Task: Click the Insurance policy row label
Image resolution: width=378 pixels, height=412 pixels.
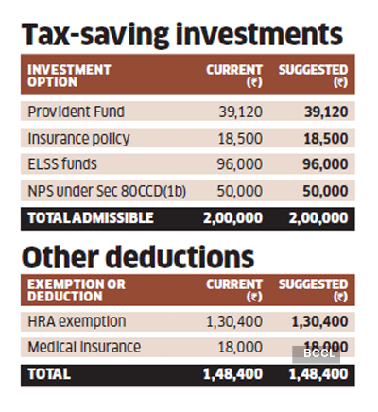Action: coord(77,137)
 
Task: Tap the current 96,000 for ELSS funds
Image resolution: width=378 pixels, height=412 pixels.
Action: coord(240,163)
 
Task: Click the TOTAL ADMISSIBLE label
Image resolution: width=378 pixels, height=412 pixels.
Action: coord(90,216)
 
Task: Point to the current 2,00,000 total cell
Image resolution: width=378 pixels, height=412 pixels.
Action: coord(233,216)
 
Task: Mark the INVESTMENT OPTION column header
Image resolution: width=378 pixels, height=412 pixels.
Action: coord(69,76)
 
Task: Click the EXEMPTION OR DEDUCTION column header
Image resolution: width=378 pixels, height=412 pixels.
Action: coord(76,289)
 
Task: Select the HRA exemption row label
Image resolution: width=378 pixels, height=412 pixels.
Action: coord(77,322)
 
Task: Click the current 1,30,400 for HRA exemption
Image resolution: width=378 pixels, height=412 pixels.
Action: coord(234,322)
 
